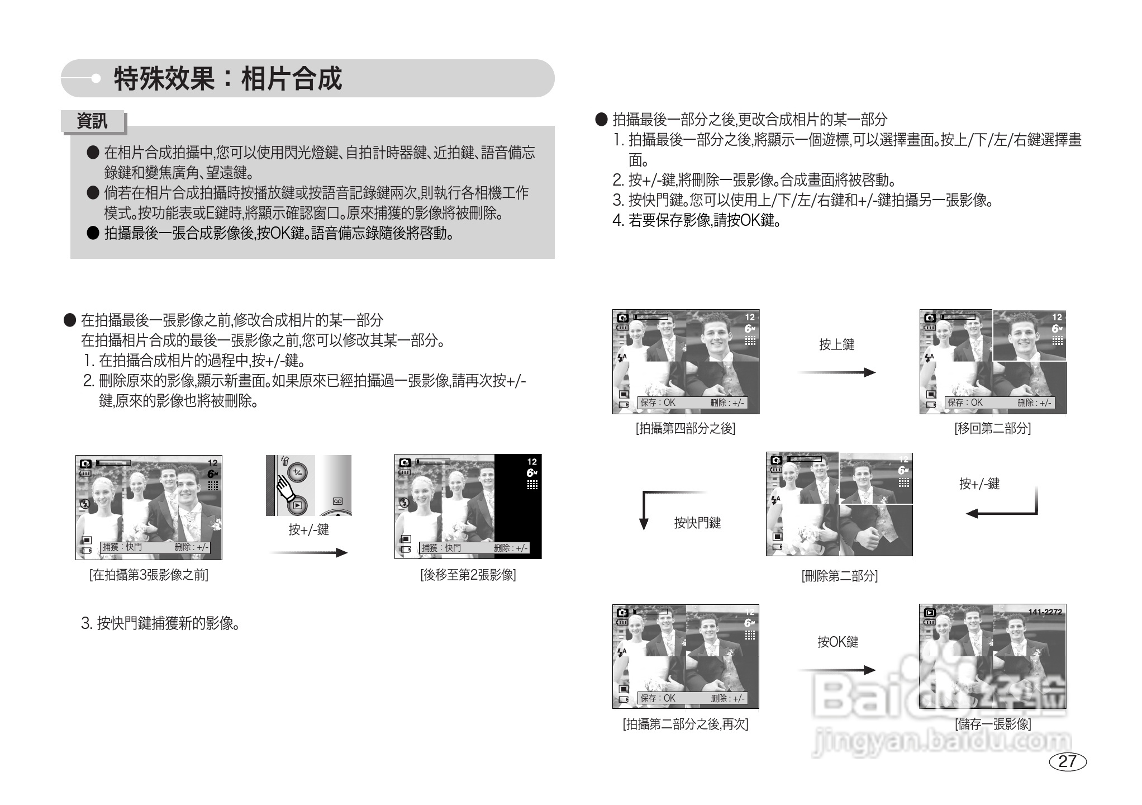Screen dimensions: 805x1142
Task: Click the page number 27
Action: pyautogui.click(x=1067, y=761)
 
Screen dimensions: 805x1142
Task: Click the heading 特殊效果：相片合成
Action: pyautogui.click(x=227, y=78)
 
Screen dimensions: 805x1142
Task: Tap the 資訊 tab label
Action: pyautogui.click(x=92, y=121)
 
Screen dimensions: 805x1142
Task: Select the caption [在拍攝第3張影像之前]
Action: pyautogui.click(x=149, y=575)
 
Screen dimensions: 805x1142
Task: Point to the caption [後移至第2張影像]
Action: pyautogui.click(x=468, y=575)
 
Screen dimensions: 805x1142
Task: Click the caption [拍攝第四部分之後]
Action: pyautogui.click(x=686, y=428)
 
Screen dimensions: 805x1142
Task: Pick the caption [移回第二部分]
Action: pyautogui.click(x=992, y=428)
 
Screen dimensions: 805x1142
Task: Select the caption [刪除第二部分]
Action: pyautogui.click(x=839, y=576)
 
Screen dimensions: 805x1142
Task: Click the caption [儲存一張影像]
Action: pyautogui.click(x=993, y=724)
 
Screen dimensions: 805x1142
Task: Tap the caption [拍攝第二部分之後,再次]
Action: pyautogui.click(x=686, y=724)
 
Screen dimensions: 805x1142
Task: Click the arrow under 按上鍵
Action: pyautogui.click(x=836, y=372)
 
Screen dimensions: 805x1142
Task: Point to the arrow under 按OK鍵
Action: pyautogui.click(x=836, y=670)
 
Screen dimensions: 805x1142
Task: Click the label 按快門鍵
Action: pyautogui.click(x=697, y=523)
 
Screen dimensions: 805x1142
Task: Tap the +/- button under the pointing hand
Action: pyautogui.click(x=298, y=473)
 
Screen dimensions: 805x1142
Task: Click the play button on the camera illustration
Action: pyautogui.click(x=298, y=506)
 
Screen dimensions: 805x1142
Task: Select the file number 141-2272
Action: pyautogui.click(x=1045, y=612)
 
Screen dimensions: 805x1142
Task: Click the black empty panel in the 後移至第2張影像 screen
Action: pyautogui.click(x=517, y=503)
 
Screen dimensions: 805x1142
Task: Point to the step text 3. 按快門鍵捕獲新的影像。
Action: pyautogui.click(x=161, y=623)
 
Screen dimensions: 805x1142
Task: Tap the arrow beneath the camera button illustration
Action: pyautogui.click(x=308, y=553)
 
